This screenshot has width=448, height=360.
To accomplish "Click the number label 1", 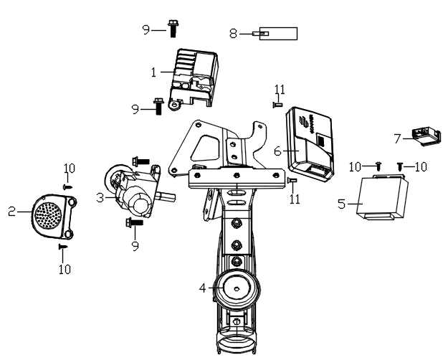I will coord(153,72).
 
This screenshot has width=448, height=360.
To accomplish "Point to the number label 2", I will coord(11,212).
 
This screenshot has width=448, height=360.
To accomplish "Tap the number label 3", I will coord(101,196).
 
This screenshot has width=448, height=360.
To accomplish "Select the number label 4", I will coord(203,288).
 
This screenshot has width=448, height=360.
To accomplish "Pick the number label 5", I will coord(342,204).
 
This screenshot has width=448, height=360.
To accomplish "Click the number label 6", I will coord(277,151).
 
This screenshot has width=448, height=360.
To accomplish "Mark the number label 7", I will coord(397,138).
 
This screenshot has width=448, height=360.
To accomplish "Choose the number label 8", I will coord(233,33).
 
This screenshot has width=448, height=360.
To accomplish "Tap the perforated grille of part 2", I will coord(47,214).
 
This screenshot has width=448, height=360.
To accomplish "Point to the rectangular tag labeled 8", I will coord(277,33).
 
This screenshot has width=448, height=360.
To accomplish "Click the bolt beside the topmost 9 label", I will coord(172,29).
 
